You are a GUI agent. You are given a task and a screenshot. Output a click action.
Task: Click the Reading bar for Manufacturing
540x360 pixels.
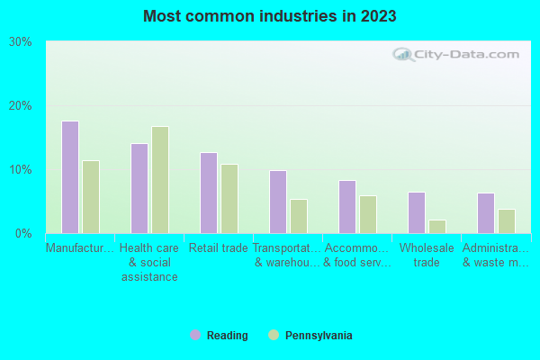(70, 177)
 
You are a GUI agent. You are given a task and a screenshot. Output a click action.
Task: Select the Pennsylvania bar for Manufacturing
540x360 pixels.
(91, 197)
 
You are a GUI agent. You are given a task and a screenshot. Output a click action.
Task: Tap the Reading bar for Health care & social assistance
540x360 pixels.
(139, 188)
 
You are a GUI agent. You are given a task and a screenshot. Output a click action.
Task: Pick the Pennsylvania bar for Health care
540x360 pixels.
(160, 180)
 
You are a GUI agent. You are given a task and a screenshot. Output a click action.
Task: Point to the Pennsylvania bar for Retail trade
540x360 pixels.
(229, 199)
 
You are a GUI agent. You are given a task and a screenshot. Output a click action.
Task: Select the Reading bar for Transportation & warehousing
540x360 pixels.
(278, 202)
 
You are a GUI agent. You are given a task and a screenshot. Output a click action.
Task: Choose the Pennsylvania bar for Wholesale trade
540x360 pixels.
(437, 227)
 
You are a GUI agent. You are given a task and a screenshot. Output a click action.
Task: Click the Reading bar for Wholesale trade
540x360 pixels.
(417, 212)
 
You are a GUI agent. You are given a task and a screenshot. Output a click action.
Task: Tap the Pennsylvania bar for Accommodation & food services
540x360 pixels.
(368, 214)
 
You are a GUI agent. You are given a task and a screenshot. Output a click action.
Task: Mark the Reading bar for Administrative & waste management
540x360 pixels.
(486, 213)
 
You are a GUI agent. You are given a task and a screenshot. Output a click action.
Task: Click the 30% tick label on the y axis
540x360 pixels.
(21, 41)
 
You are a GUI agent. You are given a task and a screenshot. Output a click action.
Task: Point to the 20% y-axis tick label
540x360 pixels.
(21, 105)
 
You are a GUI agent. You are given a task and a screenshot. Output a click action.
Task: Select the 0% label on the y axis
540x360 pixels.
(24, 233)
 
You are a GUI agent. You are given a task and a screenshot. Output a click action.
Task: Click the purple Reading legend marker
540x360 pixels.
(195, 335)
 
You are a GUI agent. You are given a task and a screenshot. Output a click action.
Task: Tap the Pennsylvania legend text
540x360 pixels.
(319, 336)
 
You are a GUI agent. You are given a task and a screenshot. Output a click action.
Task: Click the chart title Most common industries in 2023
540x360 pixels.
(269, 16)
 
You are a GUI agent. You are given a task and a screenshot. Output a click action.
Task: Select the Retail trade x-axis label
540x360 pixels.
(219, 248)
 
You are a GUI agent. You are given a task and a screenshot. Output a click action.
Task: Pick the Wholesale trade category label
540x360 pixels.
(427, 256)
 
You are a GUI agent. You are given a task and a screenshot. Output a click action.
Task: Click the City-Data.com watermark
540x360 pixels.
(459, 54)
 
